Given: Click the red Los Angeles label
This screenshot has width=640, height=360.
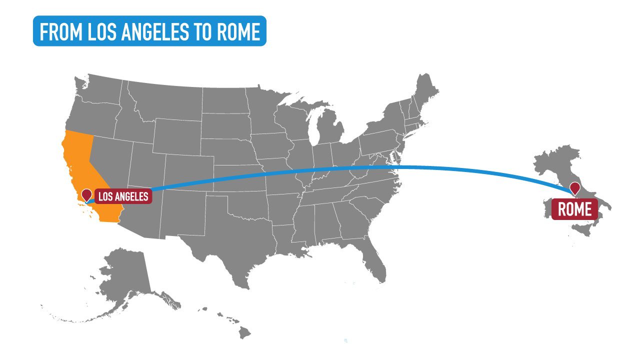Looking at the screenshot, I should pyautogui.click(x=123, y=196).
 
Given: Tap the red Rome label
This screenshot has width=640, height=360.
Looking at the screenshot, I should pyautogui.click(x=574, y=209).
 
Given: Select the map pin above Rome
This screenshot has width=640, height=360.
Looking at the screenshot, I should pyautogui.click(x=575, y=187).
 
